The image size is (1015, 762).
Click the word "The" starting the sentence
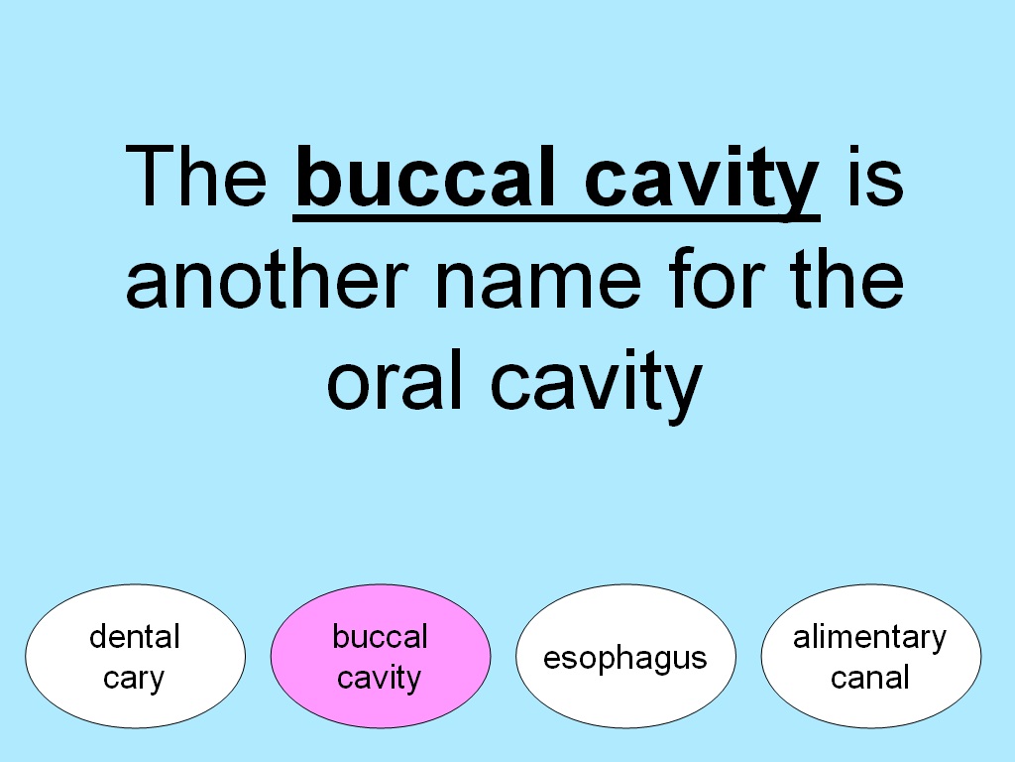coord(196,177)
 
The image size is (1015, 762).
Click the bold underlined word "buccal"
coord(426,176)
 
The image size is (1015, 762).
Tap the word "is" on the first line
coord(874,176)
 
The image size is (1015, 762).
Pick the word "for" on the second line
coord(717,278)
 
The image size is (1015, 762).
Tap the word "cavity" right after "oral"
coord(596,385)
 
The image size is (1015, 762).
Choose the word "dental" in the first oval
coord(135,636)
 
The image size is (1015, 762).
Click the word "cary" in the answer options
coord(134,679)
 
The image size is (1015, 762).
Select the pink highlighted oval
coord(381,657)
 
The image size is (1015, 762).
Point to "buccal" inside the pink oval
coord(380,636)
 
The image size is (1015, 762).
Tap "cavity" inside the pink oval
coord(380,679)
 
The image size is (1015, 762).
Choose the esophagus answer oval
coord(626,657)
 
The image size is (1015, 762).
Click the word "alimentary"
coord(870,638)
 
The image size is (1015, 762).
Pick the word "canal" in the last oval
coord(870,678)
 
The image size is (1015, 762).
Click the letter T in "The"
coord(150,177)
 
